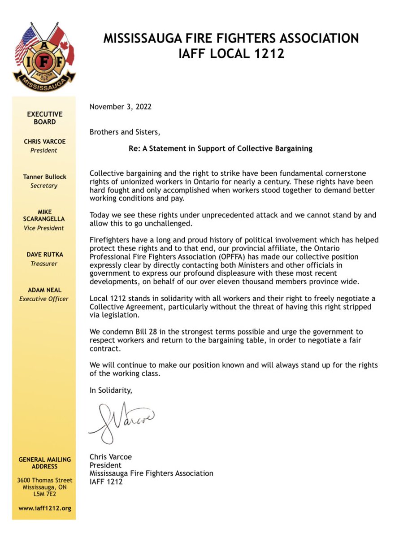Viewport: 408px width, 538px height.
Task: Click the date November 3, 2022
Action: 120,107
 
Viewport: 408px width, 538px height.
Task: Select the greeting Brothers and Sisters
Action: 124,133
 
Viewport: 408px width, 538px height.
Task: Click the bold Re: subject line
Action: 220,148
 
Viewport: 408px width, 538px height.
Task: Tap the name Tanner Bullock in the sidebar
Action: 43,177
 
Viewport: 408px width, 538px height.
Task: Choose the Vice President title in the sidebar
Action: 43,228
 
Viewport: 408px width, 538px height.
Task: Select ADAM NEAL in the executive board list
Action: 44,290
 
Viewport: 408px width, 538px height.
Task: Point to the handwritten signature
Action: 121,421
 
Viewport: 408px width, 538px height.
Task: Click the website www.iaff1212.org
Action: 44,509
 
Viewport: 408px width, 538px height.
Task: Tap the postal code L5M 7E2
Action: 44,494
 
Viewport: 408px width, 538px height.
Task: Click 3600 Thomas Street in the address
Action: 44,480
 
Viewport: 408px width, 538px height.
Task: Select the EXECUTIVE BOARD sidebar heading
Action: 44,118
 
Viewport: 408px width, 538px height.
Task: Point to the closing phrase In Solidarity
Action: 111,390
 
